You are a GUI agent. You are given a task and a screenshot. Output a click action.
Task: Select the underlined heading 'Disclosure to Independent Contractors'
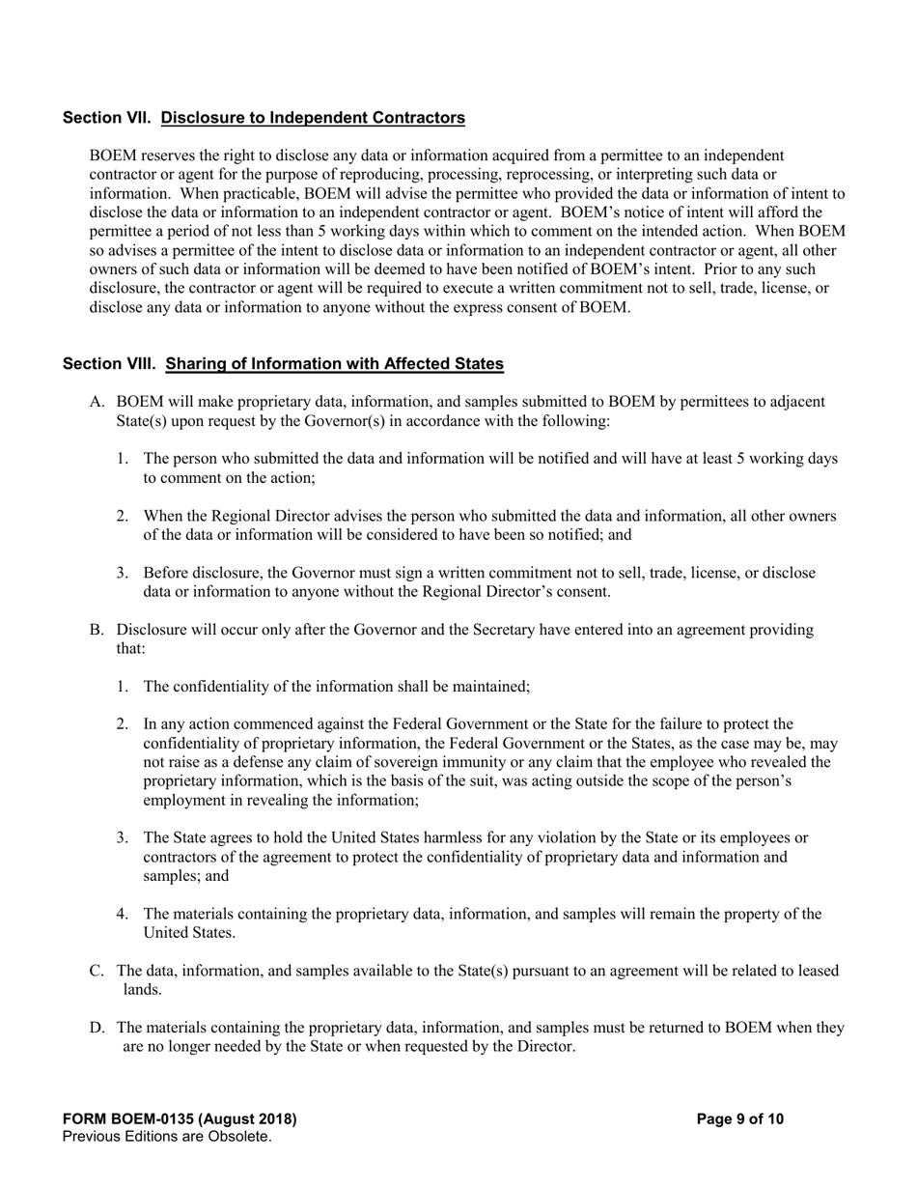(x=313, y=118)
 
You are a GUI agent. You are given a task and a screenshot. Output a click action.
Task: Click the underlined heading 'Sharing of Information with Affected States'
(x=334, y=364)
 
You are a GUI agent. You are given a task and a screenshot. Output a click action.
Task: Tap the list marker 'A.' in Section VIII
(x=97, y=402)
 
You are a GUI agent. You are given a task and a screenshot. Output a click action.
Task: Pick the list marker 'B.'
(x=97, y=630)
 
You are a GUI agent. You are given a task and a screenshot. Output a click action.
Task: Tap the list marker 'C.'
(x=97, y=971)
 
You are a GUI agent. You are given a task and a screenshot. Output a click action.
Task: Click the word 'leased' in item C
(x=817, y=971)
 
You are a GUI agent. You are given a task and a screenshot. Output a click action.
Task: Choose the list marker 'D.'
(x=97, y=1028)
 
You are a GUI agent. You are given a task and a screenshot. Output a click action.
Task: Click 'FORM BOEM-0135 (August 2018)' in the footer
(x=180, y=1119)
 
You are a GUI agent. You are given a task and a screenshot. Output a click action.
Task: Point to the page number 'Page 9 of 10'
(x=739, y=1119)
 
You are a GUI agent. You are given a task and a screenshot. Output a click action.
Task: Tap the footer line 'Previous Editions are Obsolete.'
(x=166, y=1137)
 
